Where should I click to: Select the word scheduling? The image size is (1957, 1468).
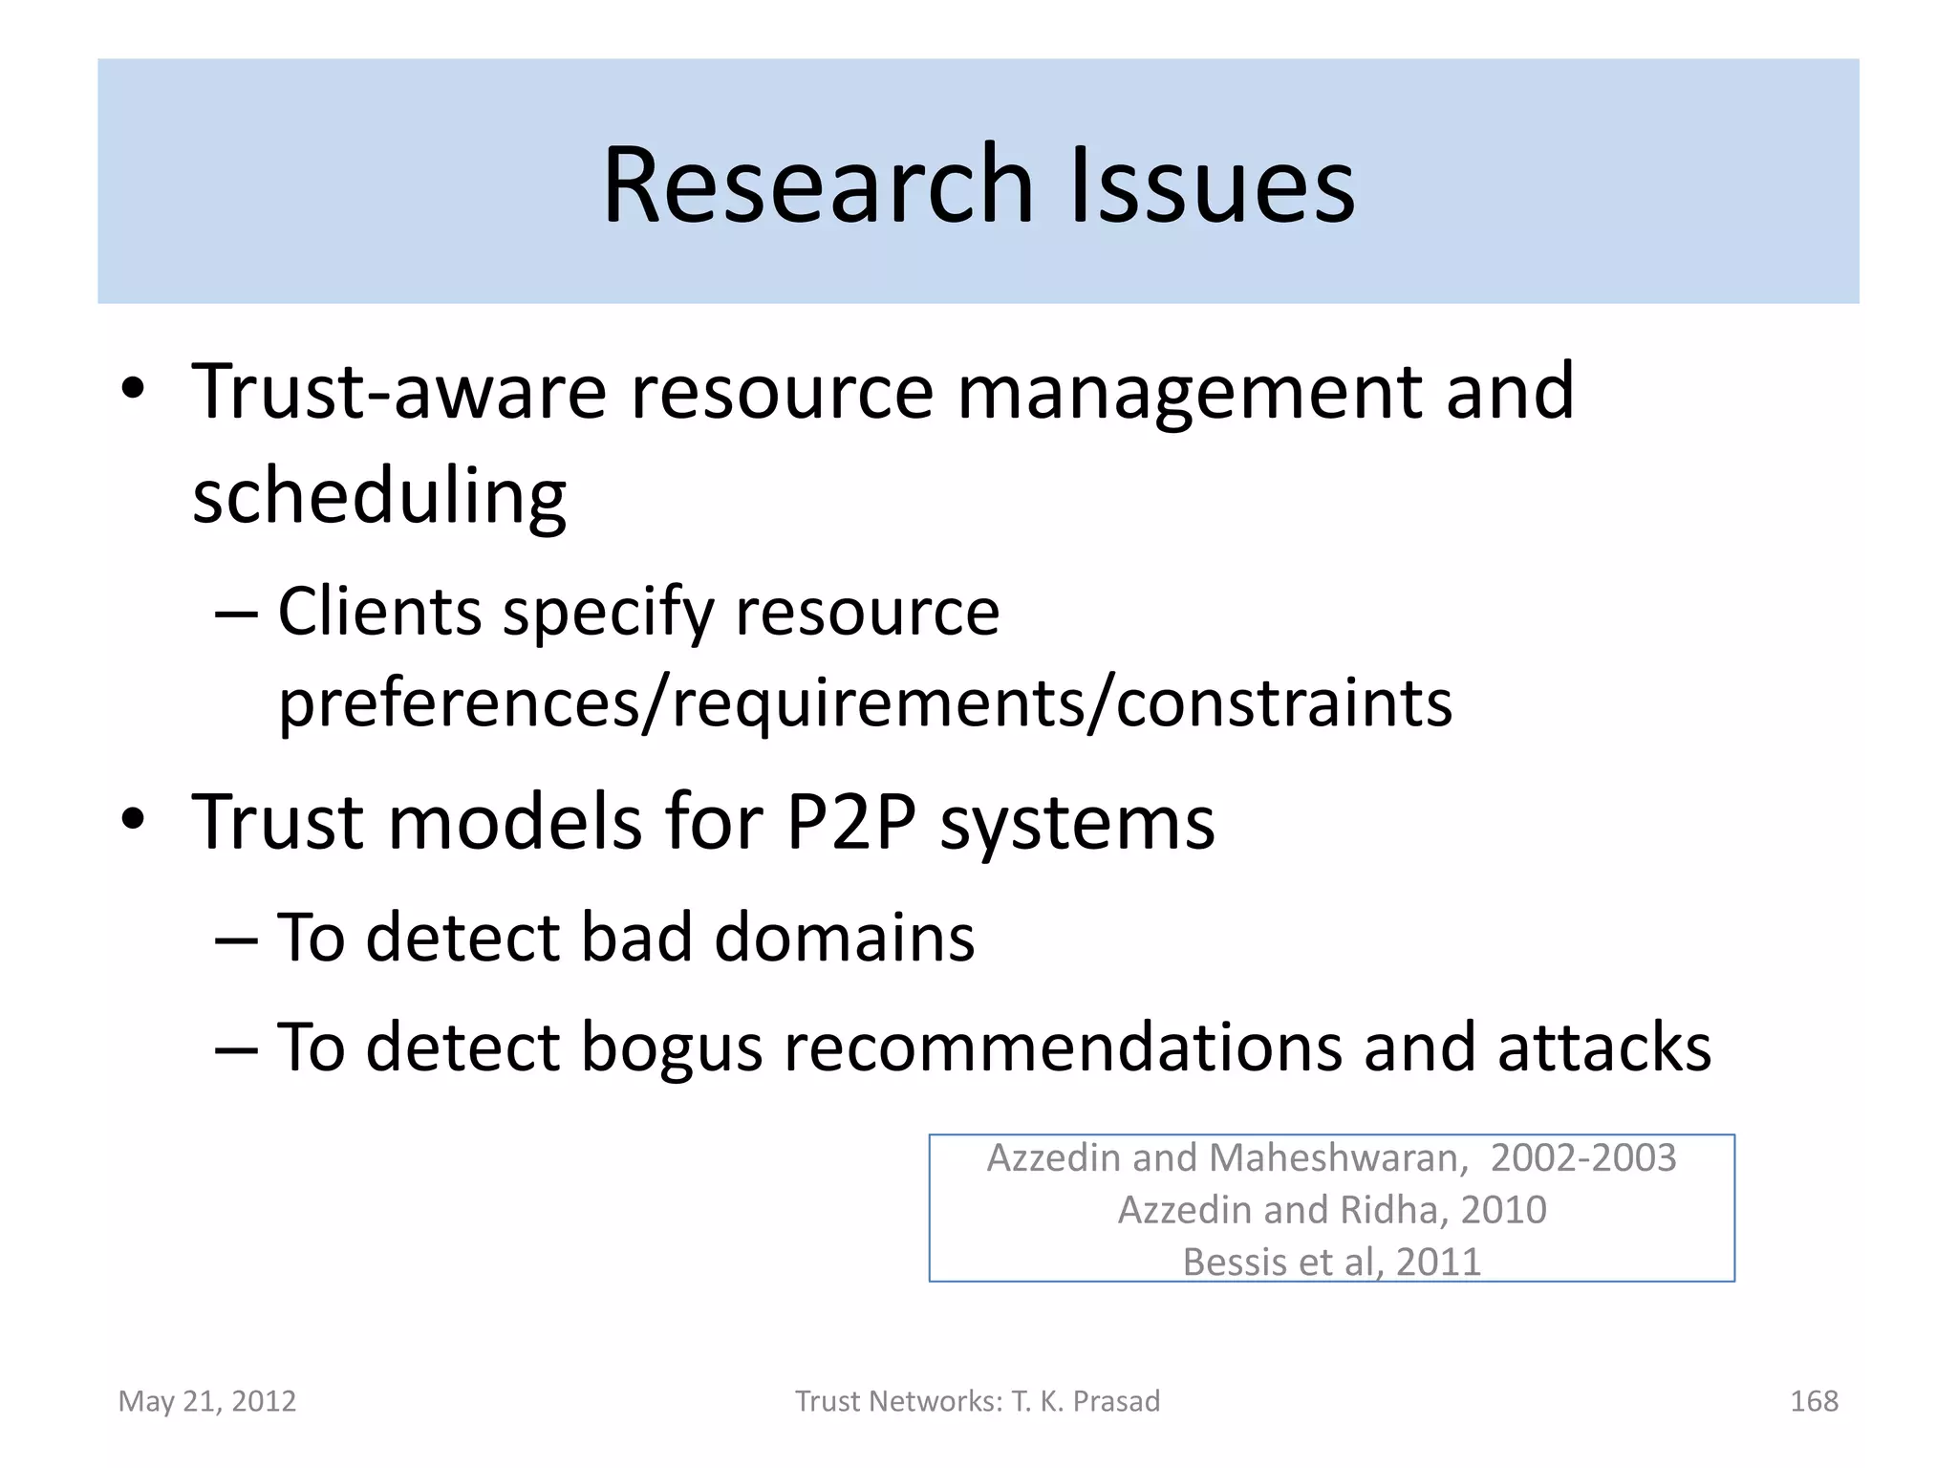(379, 497)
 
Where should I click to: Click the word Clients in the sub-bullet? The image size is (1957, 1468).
(379, 612)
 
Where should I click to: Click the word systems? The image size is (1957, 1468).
(1077, 824)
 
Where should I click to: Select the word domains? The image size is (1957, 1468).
(844, 937)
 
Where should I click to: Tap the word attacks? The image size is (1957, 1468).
(1603, 1047)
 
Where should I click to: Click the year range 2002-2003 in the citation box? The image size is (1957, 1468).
(1582, 1158)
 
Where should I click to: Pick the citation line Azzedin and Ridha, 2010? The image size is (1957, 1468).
(1332, 1210)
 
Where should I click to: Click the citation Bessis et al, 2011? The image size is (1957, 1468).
(1332, 1262)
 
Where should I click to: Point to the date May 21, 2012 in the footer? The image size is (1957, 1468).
(207, 1401)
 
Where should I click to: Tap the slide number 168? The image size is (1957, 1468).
(1813, 1401)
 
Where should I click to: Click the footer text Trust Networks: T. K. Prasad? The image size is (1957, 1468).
(978, 1401)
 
